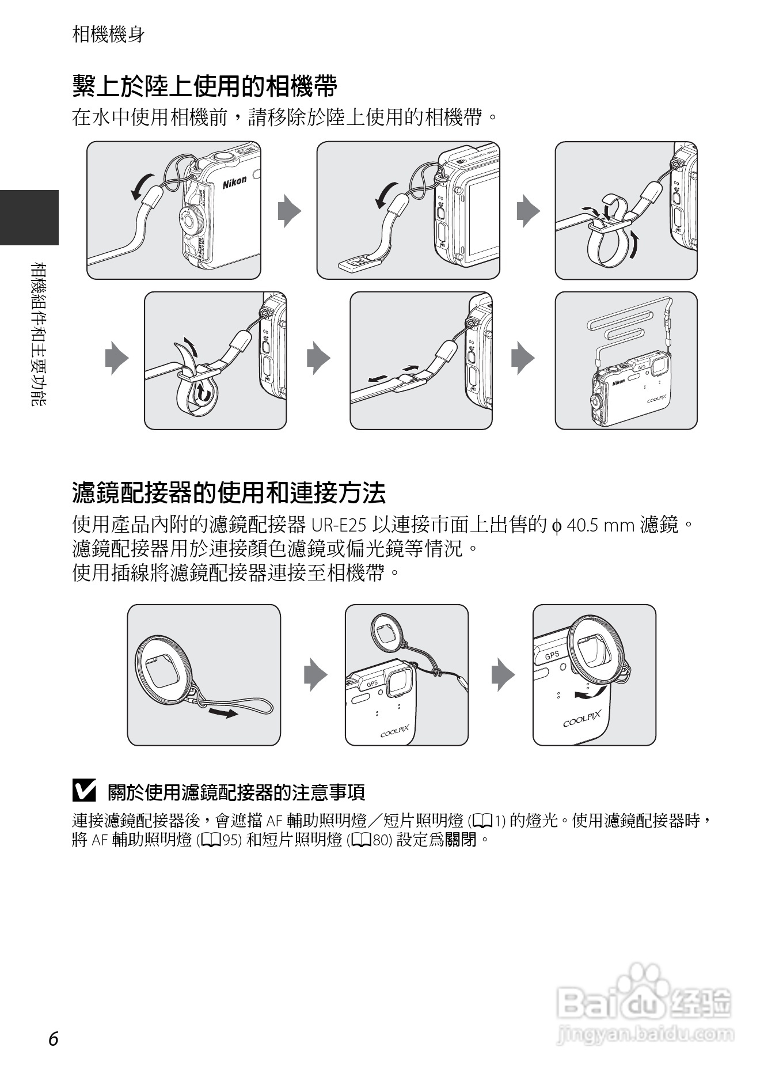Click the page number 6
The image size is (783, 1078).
click(x=54, y=1038)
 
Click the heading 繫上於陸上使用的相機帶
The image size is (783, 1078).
click(x=205, y=86)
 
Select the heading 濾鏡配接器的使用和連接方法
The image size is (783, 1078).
click(x=229, y=493)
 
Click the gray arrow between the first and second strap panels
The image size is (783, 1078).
click(x=289, y=211)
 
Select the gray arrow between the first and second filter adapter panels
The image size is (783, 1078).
click(x=316, y=674)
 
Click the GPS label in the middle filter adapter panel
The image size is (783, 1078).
click(x=373, y=684)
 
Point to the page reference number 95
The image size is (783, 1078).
click(x=231, y=840)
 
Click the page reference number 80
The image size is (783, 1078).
click(x=382, y=840)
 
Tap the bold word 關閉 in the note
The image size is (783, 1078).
click(x=461, y=840)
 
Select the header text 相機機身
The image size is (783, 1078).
click(x=109, y=34)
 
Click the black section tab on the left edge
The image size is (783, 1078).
click(x=29, y=217)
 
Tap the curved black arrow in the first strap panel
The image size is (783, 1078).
click(x=141, y=186)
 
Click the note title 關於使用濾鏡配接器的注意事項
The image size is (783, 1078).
click(x=236, y=792)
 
